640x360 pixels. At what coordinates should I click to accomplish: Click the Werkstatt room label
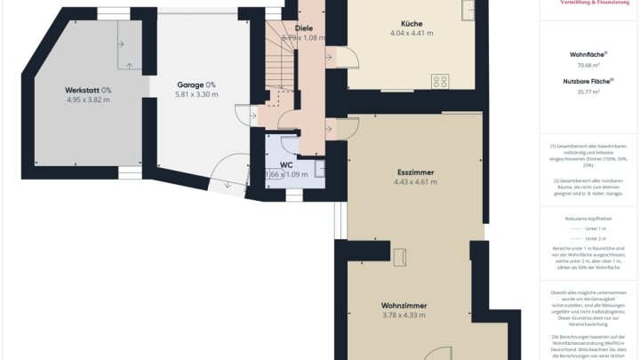click(x=83, y=90)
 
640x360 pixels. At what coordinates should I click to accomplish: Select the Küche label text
click(x=412, y=24)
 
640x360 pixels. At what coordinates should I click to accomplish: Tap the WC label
click(x=286, y=164)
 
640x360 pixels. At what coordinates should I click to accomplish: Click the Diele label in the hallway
click(x=303, y=28)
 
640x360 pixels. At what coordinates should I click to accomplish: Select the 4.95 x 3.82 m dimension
click(x=88, y=100)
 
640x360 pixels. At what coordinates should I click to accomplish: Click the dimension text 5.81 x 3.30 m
click(x=196, y=94)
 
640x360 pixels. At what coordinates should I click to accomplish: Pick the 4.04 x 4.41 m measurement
click(x=412, y=34)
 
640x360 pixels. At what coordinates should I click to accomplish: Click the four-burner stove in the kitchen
click(x=440, y=81)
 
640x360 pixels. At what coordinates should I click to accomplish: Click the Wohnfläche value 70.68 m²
click(x=588, y=65)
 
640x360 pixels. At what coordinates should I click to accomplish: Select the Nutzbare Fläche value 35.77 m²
click(x=588, y=92)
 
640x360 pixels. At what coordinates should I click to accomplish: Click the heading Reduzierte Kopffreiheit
click(x=588, y=218)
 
